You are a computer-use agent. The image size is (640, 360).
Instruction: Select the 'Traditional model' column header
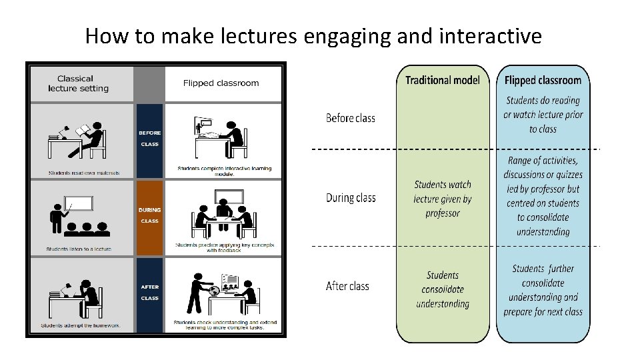point(443,81)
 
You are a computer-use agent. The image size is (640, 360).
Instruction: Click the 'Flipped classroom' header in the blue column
point(543,81)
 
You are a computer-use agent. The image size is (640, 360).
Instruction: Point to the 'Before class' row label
point(351,119)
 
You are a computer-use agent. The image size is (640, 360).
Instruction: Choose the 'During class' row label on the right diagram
point(351,198)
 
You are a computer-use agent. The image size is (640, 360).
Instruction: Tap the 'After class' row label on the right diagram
point(347,287)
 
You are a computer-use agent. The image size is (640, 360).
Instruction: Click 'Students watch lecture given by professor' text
point(443,199)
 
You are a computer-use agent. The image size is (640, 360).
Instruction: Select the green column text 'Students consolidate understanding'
point(443,289)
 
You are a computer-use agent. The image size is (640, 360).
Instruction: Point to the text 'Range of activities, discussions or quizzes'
point(543,168)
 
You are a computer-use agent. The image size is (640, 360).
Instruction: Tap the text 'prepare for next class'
point(543,312)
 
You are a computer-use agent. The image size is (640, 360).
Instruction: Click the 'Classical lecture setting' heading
point(79,83)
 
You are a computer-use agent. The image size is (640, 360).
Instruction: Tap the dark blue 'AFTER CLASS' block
point(149,293)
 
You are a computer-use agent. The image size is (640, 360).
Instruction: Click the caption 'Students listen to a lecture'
point(79,249)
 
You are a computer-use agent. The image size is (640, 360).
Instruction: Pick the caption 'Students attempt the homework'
point(81,326)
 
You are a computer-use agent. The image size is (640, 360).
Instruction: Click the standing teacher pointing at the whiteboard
point(57,217)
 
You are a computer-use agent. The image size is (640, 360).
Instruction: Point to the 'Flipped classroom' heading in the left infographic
point(221,83)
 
